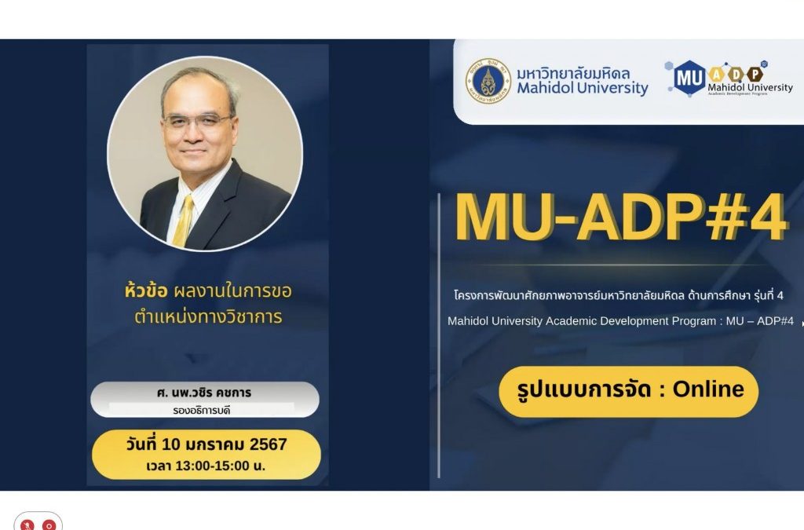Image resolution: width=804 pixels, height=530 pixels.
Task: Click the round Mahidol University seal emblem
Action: (488, 82)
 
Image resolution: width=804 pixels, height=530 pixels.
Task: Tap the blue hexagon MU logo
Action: (689, 78)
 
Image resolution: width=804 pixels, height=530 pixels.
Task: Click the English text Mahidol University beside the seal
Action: (583, 88)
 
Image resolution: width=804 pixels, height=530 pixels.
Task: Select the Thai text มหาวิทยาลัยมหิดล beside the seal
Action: (573, 73)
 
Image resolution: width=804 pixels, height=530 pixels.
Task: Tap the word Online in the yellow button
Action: (708, 389)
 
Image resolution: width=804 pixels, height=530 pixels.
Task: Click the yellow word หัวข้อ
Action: (145, 291)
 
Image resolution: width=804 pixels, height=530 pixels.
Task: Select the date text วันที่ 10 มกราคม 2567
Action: (206, 444)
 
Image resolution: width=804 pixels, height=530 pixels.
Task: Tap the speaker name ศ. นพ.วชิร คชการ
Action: (204, 393)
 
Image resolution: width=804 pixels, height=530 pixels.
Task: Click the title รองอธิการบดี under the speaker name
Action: (202, 411)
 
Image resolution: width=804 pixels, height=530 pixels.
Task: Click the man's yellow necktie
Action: (183, 221)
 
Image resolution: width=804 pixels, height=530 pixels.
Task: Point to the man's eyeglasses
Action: (197, 122)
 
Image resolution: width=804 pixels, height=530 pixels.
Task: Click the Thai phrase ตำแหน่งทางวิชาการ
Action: (208, 316)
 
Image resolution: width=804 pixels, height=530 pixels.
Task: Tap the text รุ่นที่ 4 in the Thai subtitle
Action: (769, 296)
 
